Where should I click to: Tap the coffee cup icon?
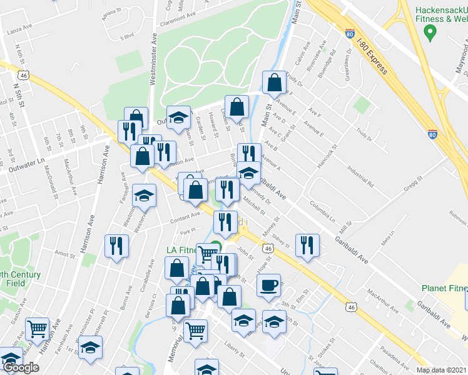[x=269, y=285]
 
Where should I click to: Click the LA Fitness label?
[x=182, y=249]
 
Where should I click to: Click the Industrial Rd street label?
[x=362, y=176]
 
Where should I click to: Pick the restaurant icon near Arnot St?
[x=116, y=245]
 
